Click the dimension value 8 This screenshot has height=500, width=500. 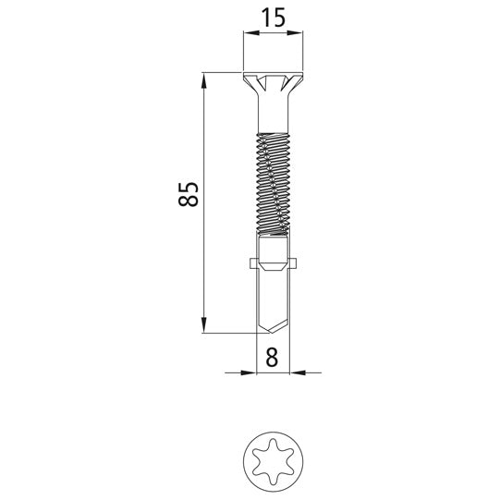[272, 357]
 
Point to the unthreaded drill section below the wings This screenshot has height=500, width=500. [273, 296]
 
